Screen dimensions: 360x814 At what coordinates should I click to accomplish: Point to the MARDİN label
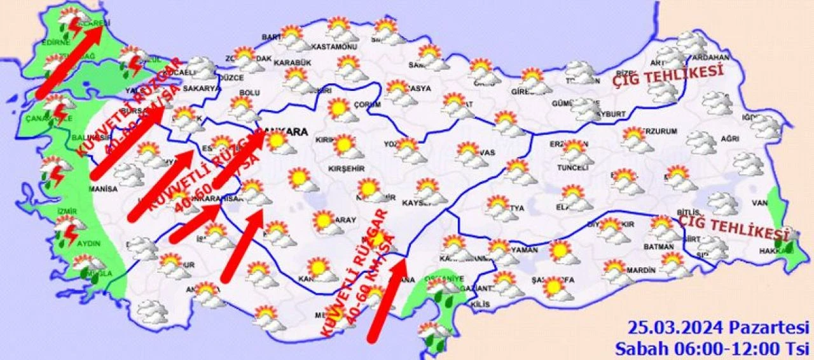(640, 270)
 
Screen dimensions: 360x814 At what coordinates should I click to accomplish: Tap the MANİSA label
(104, 189)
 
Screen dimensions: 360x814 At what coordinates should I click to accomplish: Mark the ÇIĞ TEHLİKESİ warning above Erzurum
(668, 76)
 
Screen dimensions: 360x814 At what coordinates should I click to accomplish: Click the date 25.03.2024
(674, 328)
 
